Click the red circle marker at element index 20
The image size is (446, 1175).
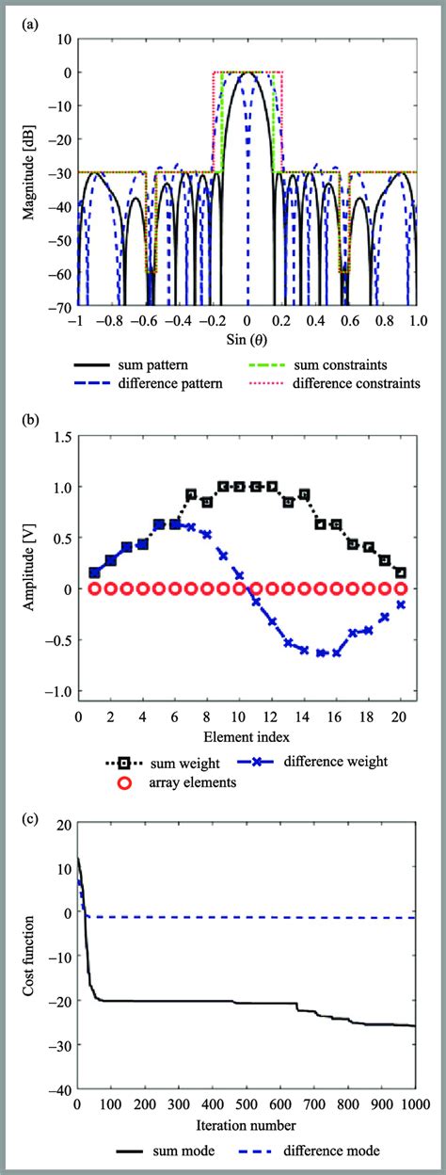401,589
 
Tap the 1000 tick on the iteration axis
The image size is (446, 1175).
414,1103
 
